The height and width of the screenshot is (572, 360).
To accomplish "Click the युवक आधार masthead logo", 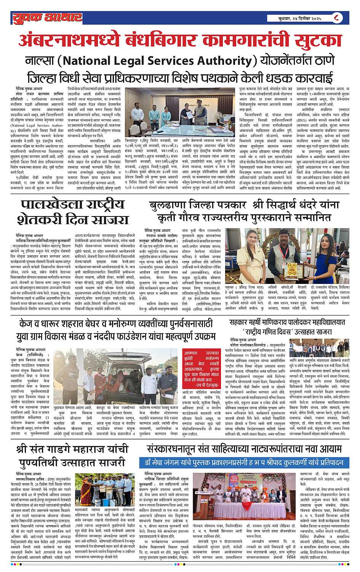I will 47,18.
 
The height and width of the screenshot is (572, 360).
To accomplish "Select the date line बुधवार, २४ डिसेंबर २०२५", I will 300,18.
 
